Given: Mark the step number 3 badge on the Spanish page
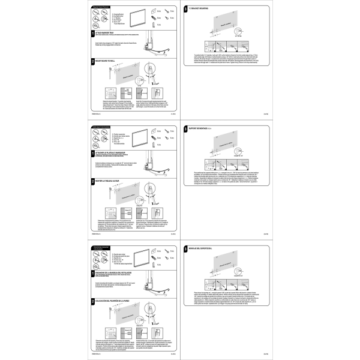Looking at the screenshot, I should click(186, 248).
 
